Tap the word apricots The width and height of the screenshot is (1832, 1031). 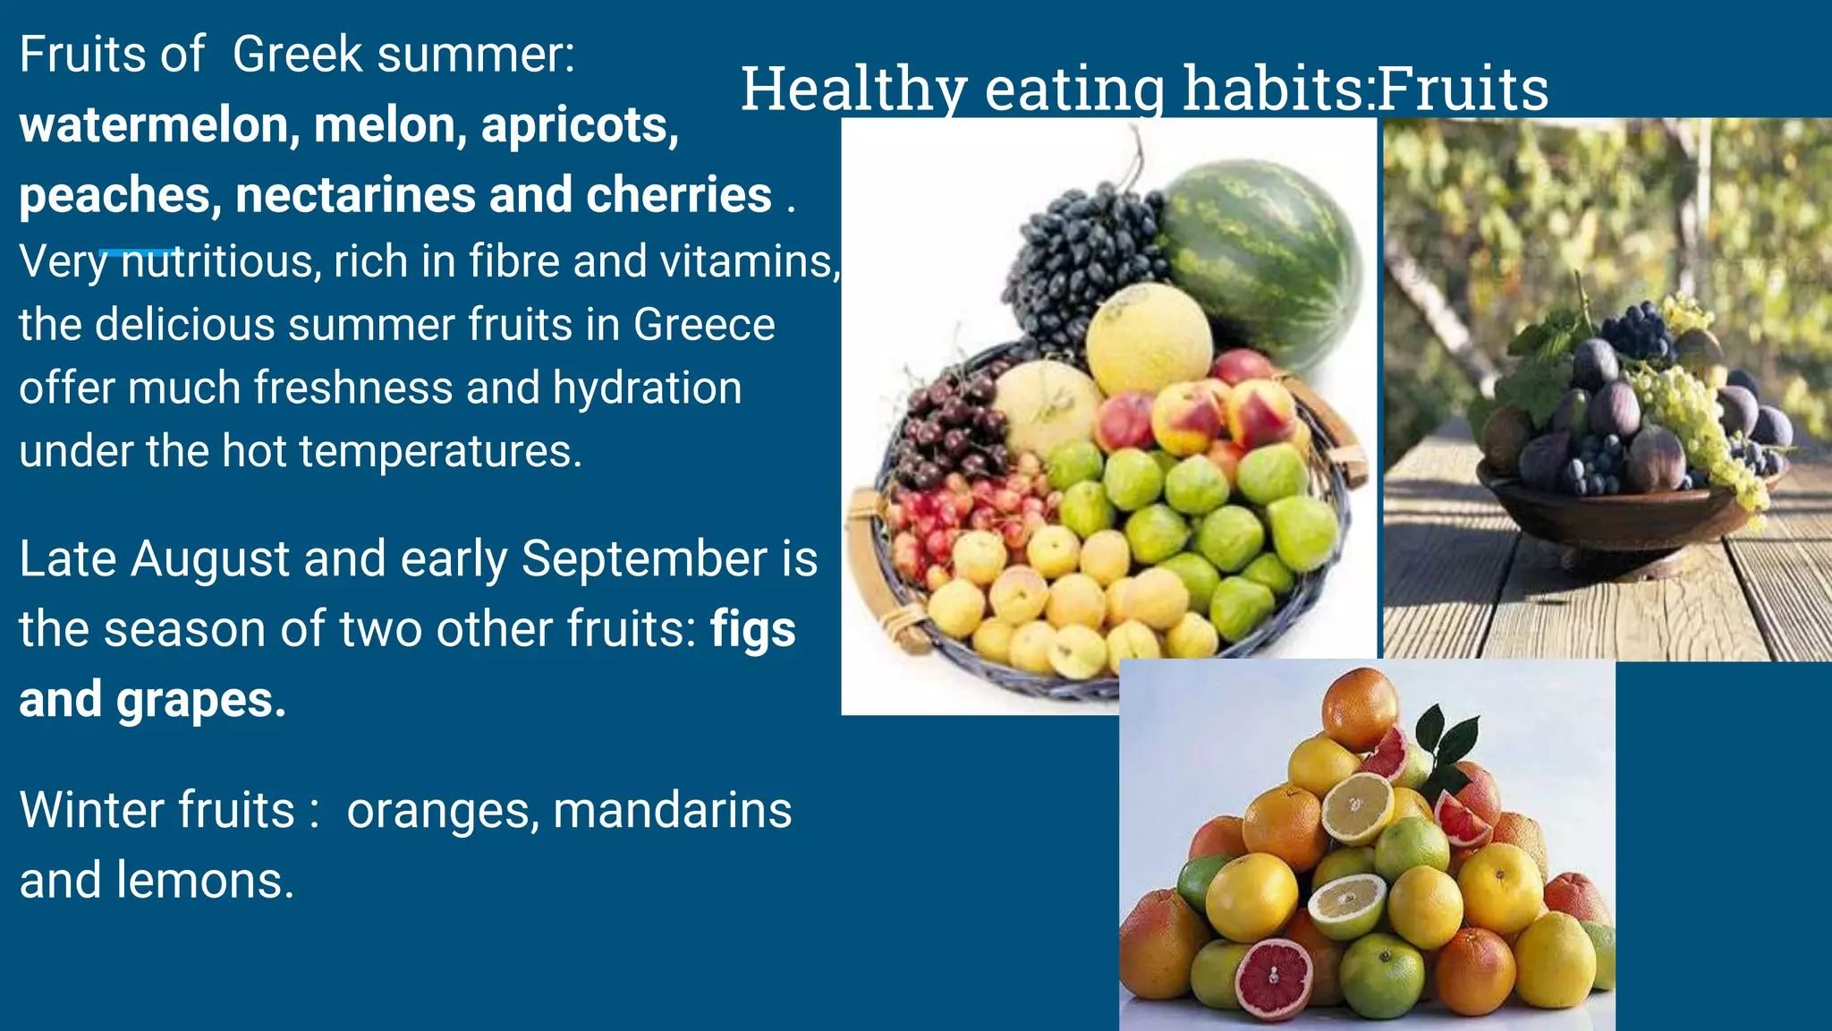[x=580, y=125]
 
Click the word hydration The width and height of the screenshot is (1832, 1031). [x=647, y=388]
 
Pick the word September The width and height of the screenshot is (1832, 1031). [x=644, y=559]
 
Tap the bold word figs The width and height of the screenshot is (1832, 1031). [x=752, y=629]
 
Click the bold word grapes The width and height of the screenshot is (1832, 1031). [x=200, y=700]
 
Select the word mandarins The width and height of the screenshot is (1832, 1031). [x=672, y=811]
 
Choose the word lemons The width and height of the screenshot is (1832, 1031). [x=205, y=881]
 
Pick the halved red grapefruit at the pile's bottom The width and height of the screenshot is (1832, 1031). [x=1275, y=977]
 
